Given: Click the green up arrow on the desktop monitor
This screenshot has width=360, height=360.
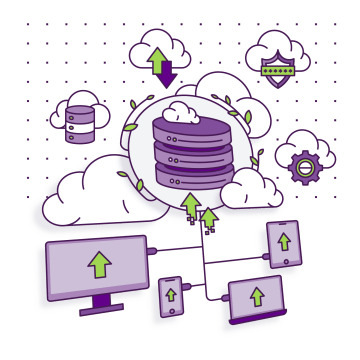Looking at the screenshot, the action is click(99, 264).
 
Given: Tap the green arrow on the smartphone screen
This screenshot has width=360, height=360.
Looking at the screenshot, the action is click(169, 295).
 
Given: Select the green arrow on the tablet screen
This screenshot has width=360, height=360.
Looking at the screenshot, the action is click(284, 242).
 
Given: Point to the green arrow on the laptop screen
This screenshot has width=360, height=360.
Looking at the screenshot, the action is click(257, 296).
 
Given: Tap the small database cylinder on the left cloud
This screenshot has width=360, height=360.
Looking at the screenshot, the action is click(78, 121).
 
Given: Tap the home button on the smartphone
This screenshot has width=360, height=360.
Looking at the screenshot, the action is click(169, 313).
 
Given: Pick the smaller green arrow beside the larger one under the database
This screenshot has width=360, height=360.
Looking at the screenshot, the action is click(210, 217).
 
